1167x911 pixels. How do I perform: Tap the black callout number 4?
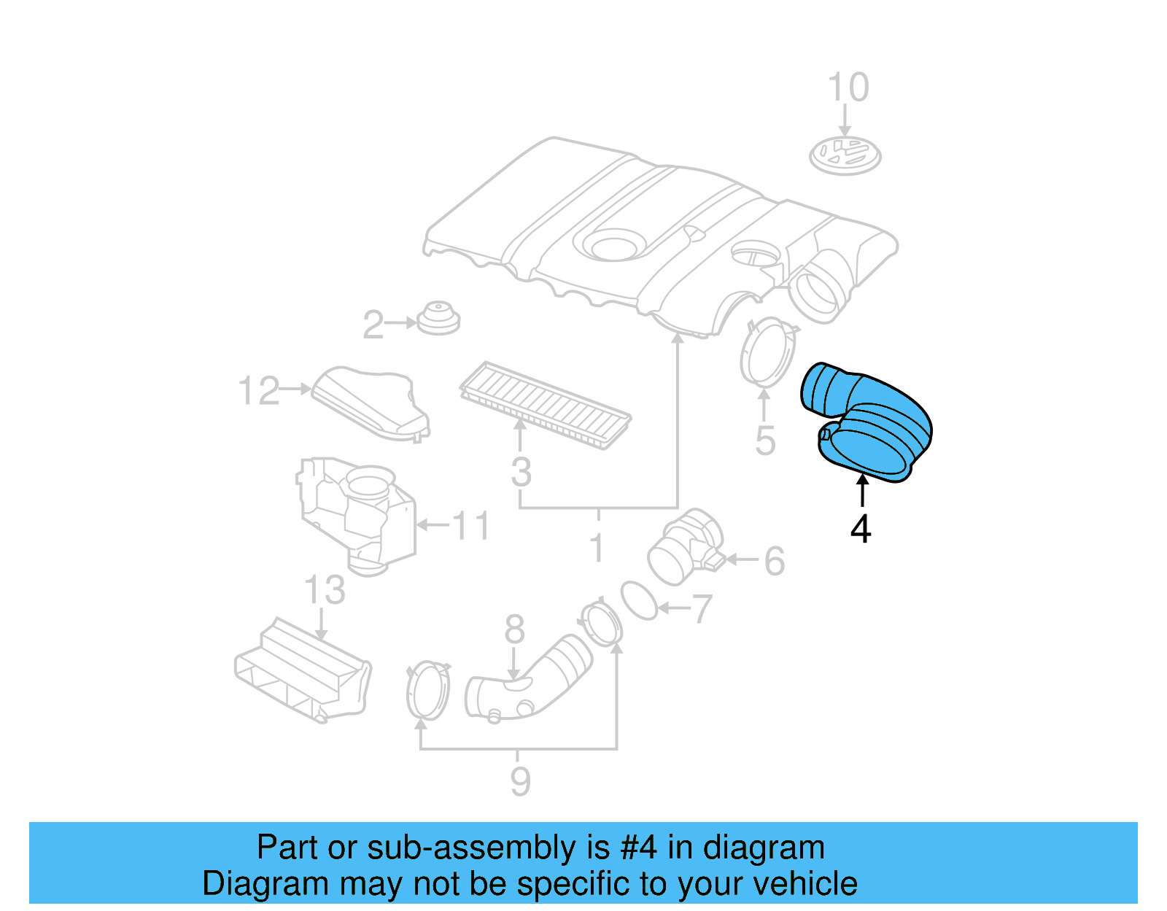tap(861, 529)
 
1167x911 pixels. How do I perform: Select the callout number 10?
tap(848, 88)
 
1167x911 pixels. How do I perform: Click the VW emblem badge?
tap(845, 155)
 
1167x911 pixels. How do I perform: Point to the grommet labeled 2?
tap(438, 318)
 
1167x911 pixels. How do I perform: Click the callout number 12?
tap(259, 391)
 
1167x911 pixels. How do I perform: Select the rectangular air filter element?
tap(546, 405)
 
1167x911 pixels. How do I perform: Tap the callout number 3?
tap(521, 472)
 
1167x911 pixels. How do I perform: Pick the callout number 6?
tap(774, 562)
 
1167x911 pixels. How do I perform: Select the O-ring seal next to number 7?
tap(639, 601)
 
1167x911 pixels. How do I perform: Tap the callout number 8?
tap(514, 629)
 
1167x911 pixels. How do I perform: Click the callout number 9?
tap(519, 782)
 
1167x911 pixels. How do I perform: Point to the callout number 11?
tap(471, 525)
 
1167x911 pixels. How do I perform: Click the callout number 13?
tap(325, 590)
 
